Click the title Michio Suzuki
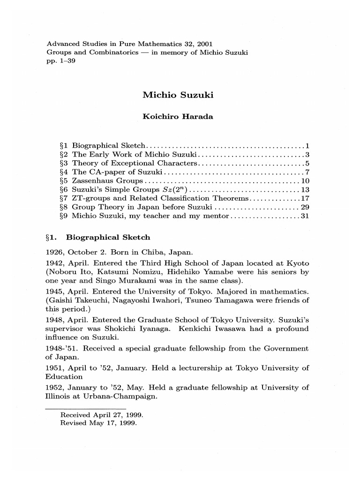click(x=178, y=95)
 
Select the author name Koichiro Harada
click(x=178, y=117)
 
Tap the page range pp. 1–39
click(x=60, y=61)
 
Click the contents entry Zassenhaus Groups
click(x=107, y=181)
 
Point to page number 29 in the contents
click(x=305, y=207)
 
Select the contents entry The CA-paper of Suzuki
click(x=110, y=172)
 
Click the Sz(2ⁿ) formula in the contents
click(x=179, y=189)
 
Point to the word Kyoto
click(x=298, y=263)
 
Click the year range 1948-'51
click(x=61, y=348)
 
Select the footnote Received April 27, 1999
click(x=102, y=415)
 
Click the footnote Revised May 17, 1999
click(x=98, y=423)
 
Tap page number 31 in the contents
click(x=305, y=216)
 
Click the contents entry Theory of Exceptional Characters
click(x=135, y=163)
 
